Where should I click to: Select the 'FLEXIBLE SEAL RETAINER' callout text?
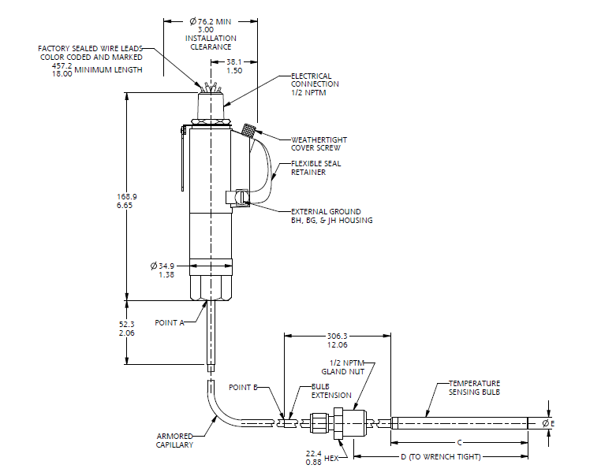[x=315, y=168]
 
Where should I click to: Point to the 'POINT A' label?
[x=170, y=323]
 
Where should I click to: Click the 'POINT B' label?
[x=243, y=388]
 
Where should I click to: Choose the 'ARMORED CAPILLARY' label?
[x=174, y=441]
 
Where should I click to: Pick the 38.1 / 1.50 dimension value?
[x=234, y=65]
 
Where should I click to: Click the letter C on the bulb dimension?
[x=459, y=442]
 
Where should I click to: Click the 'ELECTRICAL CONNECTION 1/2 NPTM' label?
[x=315, y=84]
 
